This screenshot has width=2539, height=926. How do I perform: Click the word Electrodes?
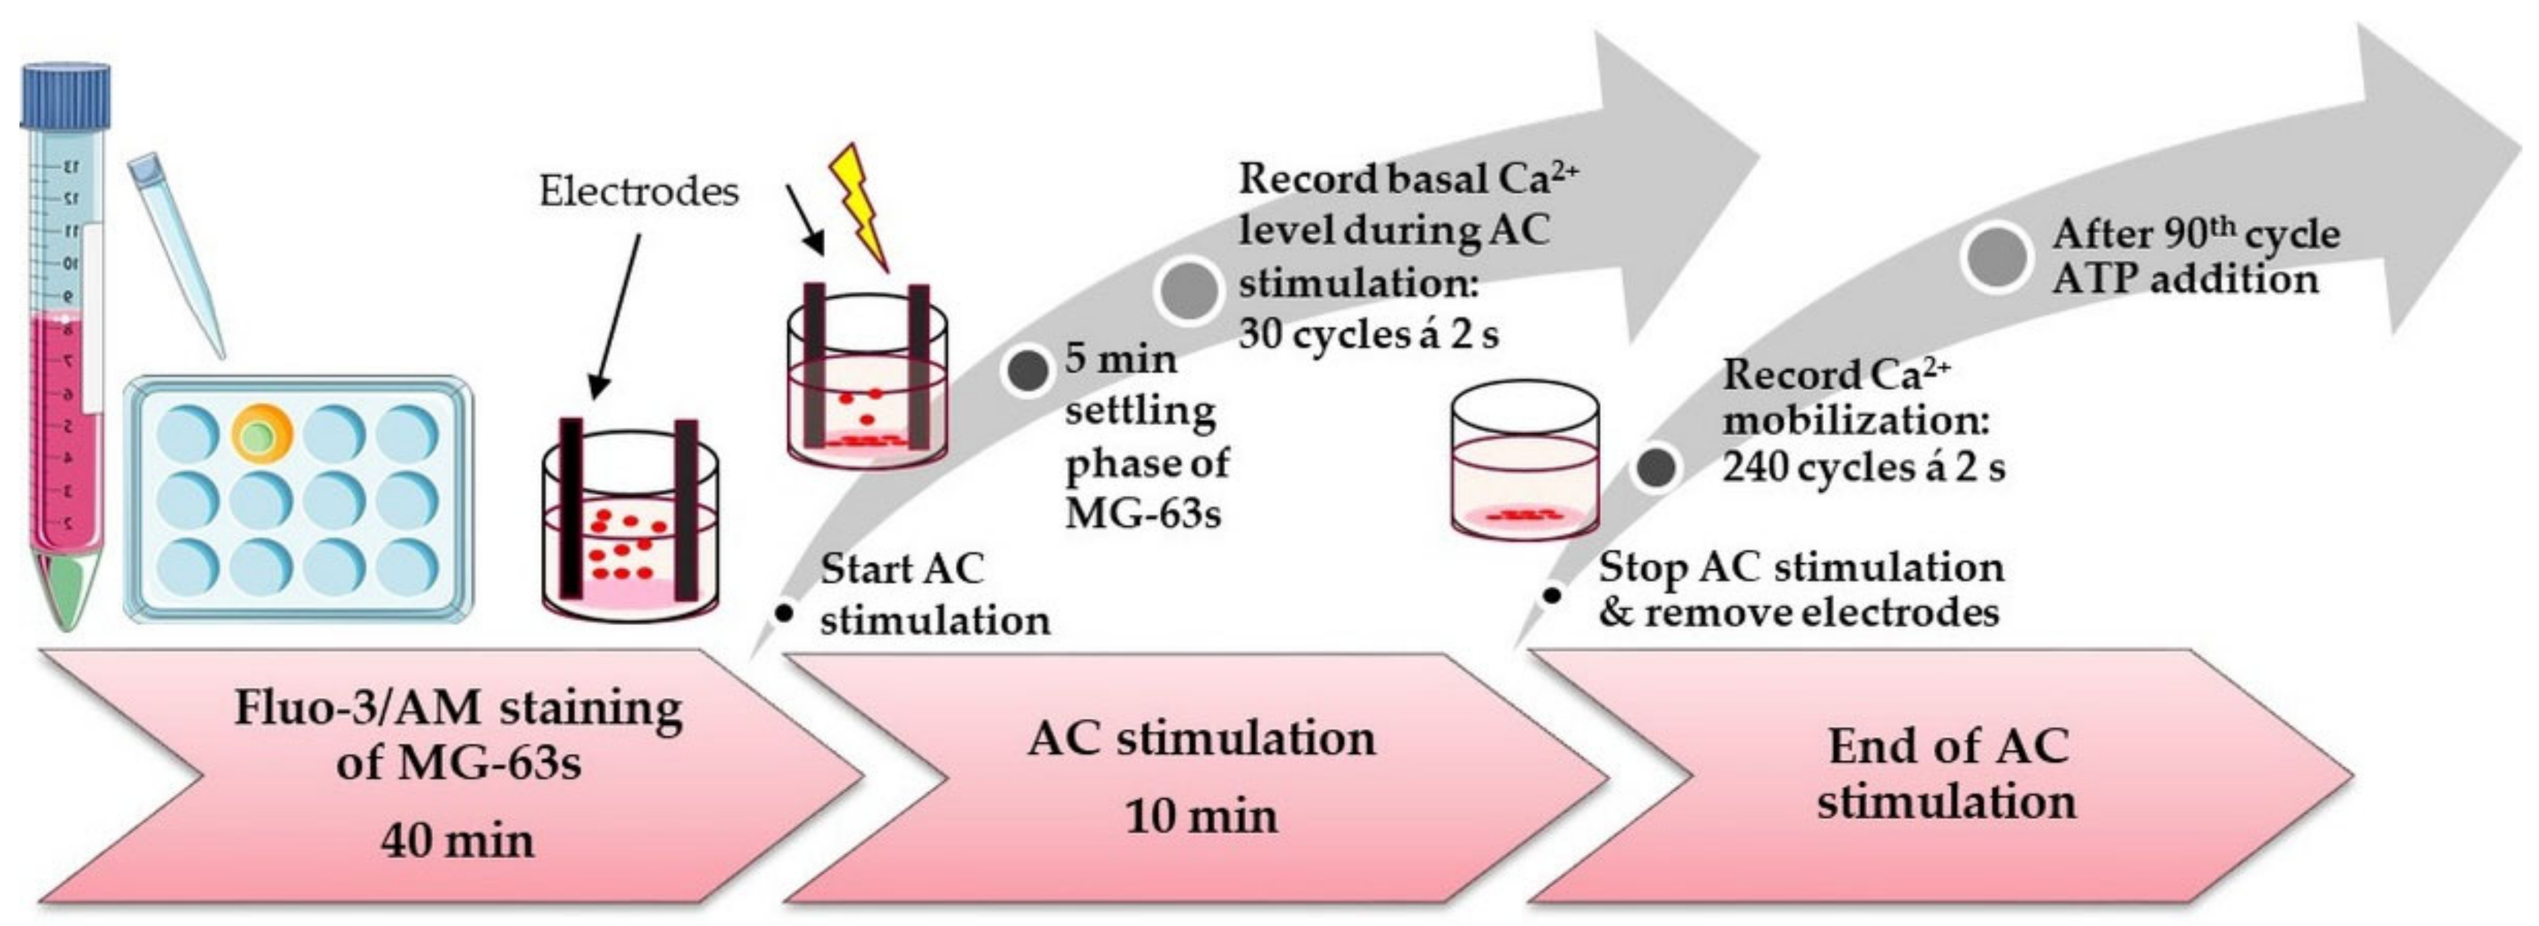tap(638, 191)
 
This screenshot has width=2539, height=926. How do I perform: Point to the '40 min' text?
tap(458, 841)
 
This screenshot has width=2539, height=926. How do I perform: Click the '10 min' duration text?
tap(1201, 816)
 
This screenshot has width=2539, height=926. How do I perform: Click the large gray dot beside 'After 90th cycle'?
tap(1997, 257)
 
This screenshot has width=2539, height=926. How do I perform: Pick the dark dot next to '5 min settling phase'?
tap(1028, 370)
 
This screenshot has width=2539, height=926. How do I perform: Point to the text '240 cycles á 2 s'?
tap(1863, 467)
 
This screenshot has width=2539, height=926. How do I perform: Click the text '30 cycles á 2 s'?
tap(1368, 335)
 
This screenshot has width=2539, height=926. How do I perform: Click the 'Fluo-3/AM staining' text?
tap(458, 708)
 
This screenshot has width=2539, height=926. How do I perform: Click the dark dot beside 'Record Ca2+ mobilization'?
tap(1658, 467)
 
